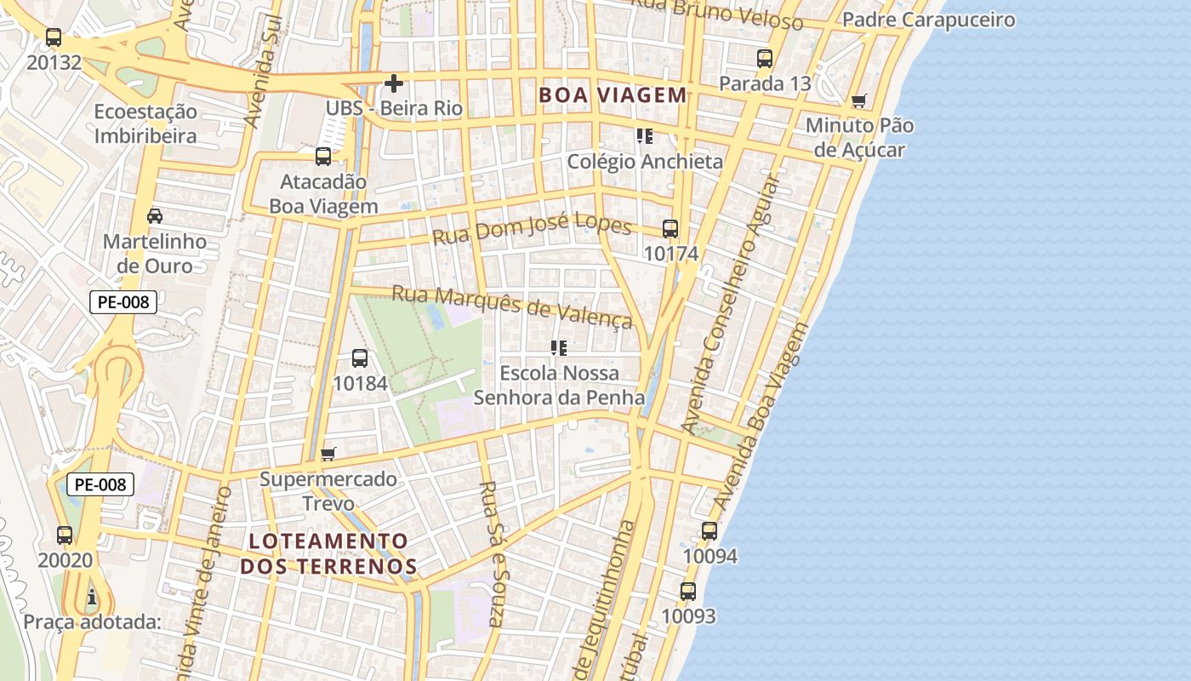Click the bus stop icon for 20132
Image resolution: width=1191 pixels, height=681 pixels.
tap(54, 37)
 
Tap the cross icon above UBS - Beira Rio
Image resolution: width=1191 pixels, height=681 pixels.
tap(394, 83)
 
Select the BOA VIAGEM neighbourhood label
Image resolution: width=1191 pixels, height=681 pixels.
tap(613, 95)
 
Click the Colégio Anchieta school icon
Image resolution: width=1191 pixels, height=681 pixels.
tap(645, 136)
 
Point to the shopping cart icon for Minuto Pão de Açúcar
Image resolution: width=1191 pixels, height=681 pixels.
tap(859, 101)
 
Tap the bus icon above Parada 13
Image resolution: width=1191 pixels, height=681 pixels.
tap(765, 59)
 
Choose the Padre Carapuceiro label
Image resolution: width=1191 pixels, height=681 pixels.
tap(929, 20)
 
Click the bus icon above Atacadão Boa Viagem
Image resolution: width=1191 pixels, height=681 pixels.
tap(323, 157)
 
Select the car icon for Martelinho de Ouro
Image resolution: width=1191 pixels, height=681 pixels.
tap(155, 216)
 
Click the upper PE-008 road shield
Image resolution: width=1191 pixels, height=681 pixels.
tap(123, 301)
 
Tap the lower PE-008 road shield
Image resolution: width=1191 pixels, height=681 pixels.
tap(100, 484)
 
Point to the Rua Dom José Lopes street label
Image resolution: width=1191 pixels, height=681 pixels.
tap(532, 229)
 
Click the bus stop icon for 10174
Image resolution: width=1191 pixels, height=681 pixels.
tap(670, 229)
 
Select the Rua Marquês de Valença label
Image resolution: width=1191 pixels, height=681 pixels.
tap(512, 307)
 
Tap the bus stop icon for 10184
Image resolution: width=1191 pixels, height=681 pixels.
tap(360, 358)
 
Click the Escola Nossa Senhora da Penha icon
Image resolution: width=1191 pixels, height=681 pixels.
tap(559, 348)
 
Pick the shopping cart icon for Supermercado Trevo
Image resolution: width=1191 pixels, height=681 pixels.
tap(328, 455)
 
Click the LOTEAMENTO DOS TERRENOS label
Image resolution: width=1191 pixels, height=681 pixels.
tap(328, 553)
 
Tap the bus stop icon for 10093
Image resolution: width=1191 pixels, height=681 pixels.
tap(688, 591)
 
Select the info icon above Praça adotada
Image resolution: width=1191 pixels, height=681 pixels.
tap(92, 598)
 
